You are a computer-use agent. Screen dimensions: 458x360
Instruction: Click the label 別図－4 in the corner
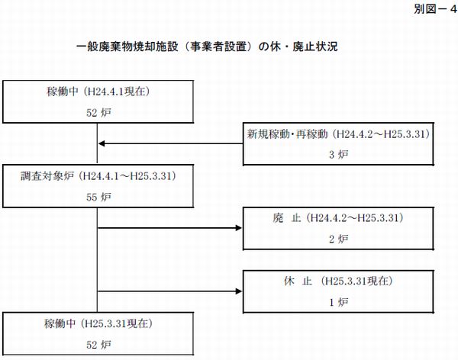click(x=435, y=9)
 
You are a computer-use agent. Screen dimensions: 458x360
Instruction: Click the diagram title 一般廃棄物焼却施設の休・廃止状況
click(x=207, y=47)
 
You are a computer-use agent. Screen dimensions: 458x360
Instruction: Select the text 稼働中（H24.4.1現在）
click(x=98, y=92)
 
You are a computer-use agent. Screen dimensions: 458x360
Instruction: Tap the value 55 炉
click(x=98, y=198)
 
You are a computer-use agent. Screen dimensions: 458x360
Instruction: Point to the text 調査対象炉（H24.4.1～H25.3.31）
click(x=98, y=176)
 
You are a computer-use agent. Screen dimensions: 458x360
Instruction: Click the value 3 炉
click(x=338, y=155)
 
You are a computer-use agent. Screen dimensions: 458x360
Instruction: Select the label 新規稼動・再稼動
click(x=287, y=134)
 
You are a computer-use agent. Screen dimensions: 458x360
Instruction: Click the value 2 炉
click(x=338, y=239)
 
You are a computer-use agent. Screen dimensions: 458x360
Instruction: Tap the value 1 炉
click(x=338, y=302)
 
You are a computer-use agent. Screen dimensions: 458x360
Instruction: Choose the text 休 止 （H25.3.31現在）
click(x=338, y=281)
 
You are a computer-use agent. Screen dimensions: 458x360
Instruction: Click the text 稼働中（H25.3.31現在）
click(x=98, y=323)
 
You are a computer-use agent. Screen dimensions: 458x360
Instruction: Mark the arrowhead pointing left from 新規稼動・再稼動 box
click(x=102, y=143)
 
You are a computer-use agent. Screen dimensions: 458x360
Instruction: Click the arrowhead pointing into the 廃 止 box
click(x=239, y=228)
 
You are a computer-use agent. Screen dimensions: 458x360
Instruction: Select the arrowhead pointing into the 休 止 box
click(x=239, y=291)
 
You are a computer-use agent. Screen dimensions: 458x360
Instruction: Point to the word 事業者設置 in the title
click(x=218, y=47)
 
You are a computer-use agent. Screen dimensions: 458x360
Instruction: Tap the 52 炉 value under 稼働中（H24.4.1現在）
click(x=98, y=113)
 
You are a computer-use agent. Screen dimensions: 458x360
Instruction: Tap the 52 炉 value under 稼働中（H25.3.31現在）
click(x=98, y=345)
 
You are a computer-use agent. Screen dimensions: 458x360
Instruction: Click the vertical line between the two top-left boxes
click(x=97, y=143)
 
